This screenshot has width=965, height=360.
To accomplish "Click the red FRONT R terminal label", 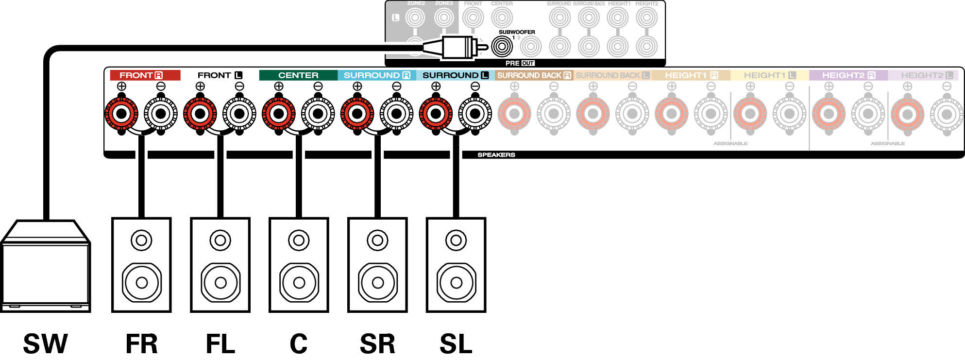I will coord(144,75).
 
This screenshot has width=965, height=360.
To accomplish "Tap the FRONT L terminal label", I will coord(220,75).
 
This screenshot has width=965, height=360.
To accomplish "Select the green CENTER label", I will coord(298,75).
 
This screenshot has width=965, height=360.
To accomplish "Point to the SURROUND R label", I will coord(377,75).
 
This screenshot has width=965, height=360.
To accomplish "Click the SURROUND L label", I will coord(455,75).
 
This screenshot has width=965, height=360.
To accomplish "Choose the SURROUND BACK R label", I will coord(534,75).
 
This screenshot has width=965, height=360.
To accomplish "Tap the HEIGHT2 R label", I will coord(848,75).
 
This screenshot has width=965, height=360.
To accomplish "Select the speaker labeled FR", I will coord(141,265).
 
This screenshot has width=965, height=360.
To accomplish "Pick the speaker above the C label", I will coord(299,265).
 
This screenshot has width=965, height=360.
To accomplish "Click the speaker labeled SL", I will coord(456,265).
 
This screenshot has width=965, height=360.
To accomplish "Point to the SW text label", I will coord(45,343).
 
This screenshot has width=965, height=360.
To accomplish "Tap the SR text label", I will coord(377,343).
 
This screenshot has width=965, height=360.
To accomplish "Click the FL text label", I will coord(220,343).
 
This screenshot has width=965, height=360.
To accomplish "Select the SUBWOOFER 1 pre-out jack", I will coord(502,47).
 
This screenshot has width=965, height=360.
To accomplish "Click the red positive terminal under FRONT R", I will coord(121,114).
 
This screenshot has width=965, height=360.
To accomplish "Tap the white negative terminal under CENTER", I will coord(318,114).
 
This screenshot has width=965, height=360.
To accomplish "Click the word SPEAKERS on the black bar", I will coord(496,155).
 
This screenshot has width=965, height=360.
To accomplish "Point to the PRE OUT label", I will coord(520,63).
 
